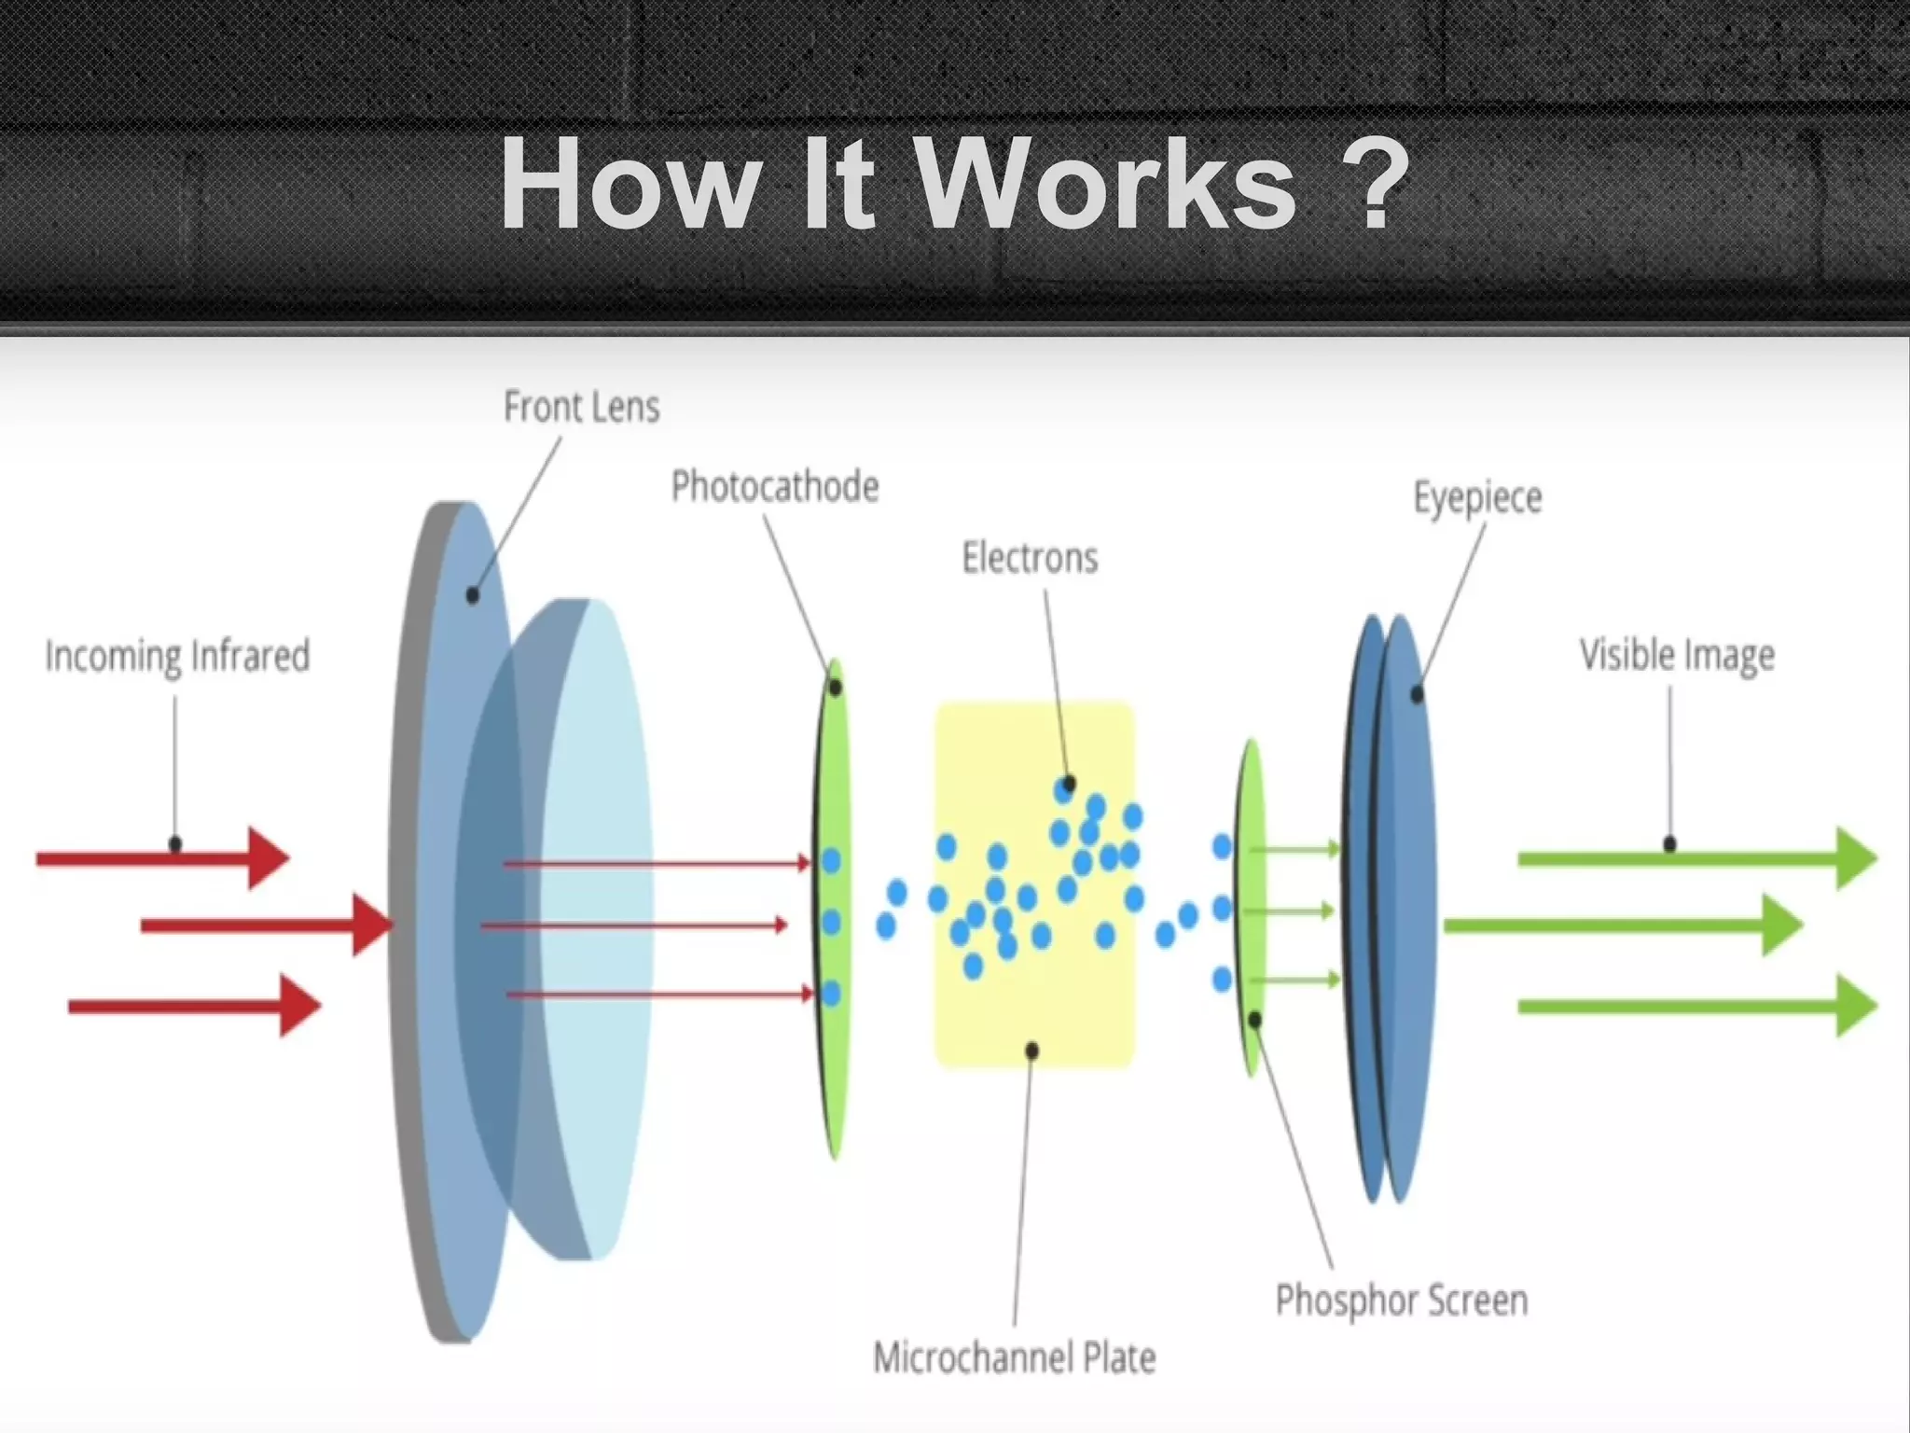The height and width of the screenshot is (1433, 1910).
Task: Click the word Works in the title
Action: tap(1105, 184)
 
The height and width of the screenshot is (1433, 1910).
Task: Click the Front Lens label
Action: tap(581, 408)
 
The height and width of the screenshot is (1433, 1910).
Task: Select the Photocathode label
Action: tap(775, 487)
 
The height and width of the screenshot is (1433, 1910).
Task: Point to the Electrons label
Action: tap(1030, 558)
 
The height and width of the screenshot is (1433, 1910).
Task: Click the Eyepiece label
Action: tap(1477, 497)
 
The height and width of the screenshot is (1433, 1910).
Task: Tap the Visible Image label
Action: tap(1676, 655)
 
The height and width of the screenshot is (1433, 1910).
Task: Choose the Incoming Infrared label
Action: tap(177, 656)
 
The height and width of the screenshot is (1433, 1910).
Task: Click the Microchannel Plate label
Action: tap(1014, 1357)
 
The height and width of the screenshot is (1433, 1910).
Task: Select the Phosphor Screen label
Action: tap(1401, 1300)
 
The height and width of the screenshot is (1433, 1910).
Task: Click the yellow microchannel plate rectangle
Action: tap(1035, 1008)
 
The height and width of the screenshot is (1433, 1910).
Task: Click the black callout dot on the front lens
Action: tap(473, 594)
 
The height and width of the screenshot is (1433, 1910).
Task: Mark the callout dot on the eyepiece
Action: tap(1417, 694)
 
